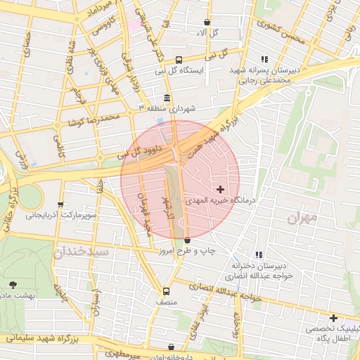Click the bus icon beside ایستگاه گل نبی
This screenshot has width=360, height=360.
coord(179,60)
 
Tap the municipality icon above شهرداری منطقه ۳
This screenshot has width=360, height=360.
coord(166,98)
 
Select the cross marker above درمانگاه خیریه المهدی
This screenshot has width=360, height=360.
coord(221,189)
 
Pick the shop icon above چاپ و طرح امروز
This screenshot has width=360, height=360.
coord(187,240)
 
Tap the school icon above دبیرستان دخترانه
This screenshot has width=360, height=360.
coord(259,255)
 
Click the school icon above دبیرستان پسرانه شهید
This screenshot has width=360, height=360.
coord(264,60)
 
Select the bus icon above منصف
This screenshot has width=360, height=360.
coord(167,291)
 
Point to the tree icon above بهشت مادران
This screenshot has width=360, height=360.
coord(13,285)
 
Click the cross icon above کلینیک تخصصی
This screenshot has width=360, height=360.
coord(333,319)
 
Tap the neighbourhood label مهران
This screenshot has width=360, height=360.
coord(302,218)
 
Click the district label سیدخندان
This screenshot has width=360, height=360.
coord(82,250)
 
